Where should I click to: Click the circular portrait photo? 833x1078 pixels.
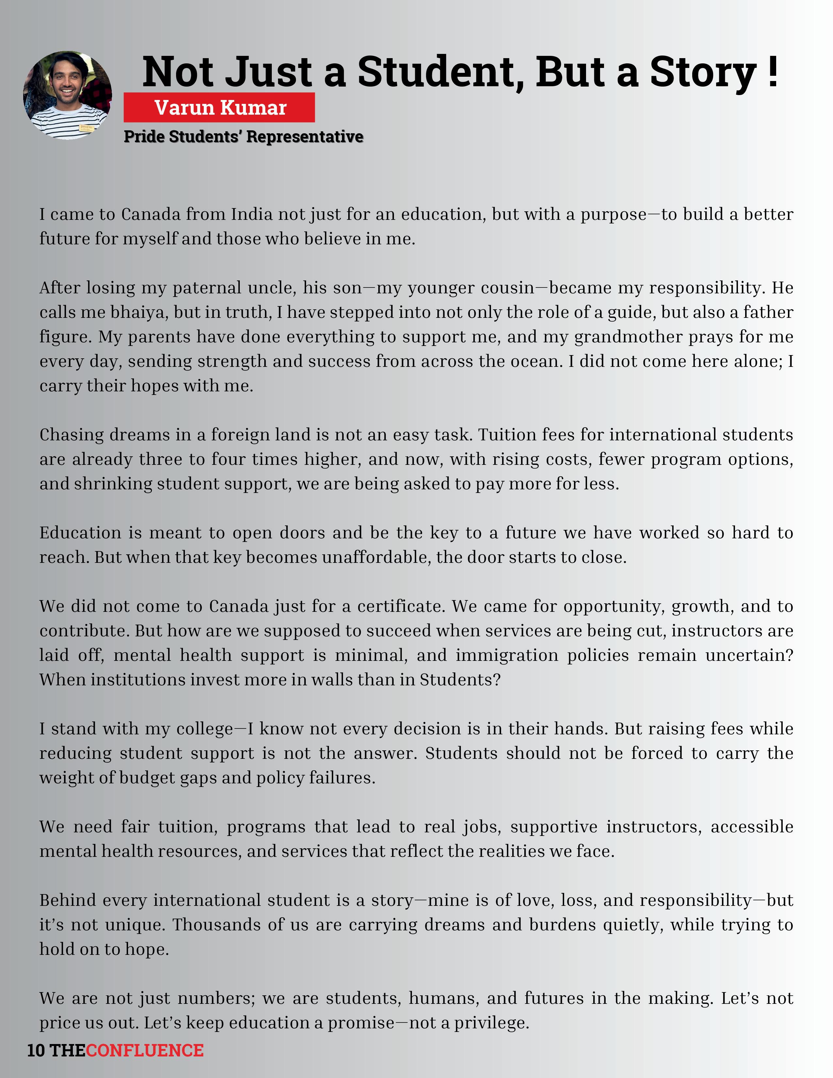[x=68, y=95]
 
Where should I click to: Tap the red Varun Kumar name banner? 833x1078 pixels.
[x=219, y=107]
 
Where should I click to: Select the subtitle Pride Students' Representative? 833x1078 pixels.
[x=243, y=137]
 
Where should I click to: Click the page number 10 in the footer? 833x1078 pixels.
[x=36, y=1050]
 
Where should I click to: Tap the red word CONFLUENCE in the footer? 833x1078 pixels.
[x=145, y=1050]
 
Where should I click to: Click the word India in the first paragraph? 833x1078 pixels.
[x=252, y=214]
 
